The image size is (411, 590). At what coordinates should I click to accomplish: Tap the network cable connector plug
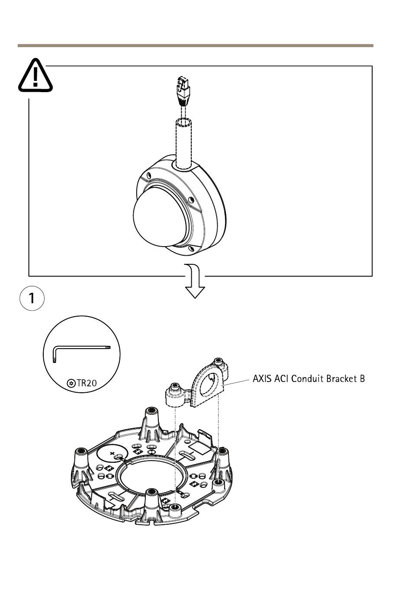pos(183,91)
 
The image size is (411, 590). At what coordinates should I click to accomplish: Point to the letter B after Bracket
pos(362,379)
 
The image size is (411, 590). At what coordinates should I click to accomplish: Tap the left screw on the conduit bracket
pos(175,386)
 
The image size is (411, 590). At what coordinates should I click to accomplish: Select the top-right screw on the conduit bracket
pos(218,361)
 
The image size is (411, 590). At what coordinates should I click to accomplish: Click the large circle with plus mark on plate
pos(112,454)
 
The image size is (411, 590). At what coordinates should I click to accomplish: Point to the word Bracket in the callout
pos(340,379)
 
